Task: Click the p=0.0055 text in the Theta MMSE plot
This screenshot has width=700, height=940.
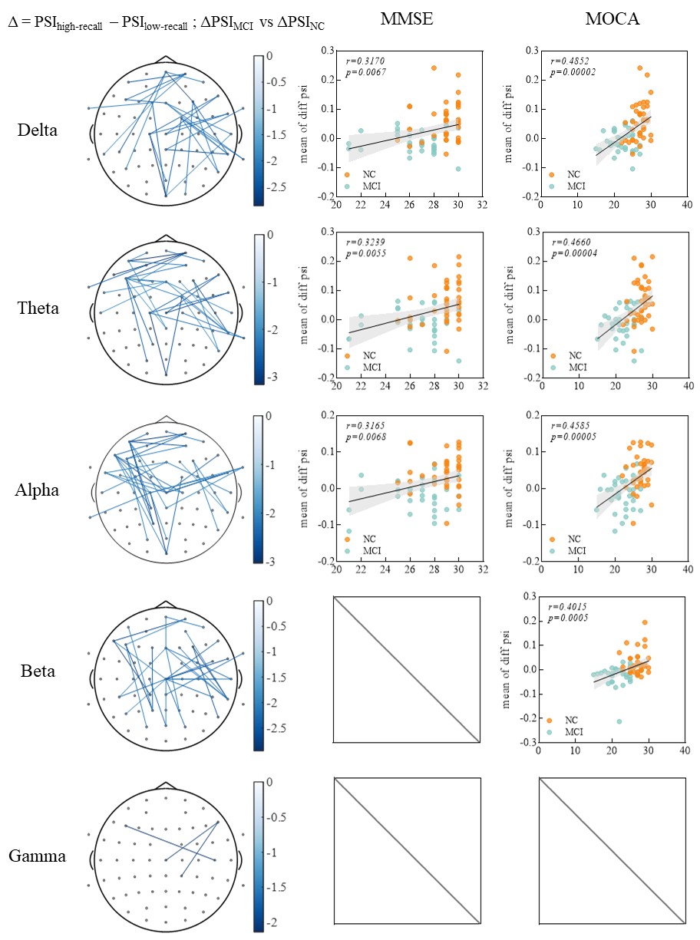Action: click(x=365, y=253)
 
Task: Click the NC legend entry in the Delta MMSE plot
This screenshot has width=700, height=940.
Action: click(x=366, y=174)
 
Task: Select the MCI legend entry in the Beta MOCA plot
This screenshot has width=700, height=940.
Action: click(x=573, y=732)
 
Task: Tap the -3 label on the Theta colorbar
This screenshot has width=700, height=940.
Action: click(x=271, y=375)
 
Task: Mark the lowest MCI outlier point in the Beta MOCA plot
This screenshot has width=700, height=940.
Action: click(x=619, y=721)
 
